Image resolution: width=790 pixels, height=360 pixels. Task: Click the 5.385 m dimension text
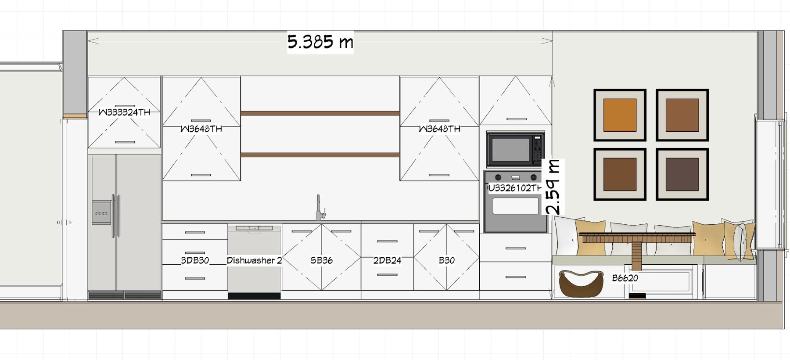coord(320,42)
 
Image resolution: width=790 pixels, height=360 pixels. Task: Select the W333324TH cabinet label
coord(124,112)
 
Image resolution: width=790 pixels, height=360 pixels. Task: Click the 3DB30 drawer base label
coord(195,260)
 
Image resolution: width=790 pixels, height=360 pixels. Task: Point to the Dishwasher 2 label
coord(254,260)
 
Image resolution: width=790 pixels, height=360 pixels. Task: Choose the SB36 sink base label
coord(321,260)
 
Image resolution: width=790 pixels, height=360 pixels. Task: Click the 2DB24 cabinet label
coord(387,260)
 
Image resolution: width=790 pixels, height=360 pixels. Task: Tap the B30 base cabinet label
coord(447,260)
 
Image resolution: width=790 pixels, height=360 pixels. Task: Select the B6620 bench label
coord(625,278)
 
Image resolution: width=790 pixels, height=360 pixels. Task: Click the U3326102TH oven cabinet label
coord(515,188)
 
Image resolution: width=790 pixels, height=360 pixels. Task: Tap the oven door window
coord(516,206)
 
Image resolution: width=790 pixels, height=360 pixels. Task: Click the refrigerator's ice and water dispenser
coord(101,212)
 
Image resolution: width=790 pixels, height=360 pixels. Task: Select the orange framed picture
coord(620,115)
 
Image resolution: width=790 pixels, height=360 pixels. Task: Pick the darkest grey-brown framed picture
coord(682,174)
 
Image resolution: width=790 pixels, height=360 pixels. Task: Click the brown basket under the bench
coord(581,284)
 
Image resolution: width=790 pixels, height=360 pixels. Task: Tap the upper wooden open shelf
coord(320,113)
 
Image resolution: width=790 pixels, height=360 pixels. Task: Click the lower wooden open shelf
coord(320,155)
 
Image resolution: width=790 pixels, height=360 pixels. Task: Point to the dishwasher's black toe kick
coord(254,296)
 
